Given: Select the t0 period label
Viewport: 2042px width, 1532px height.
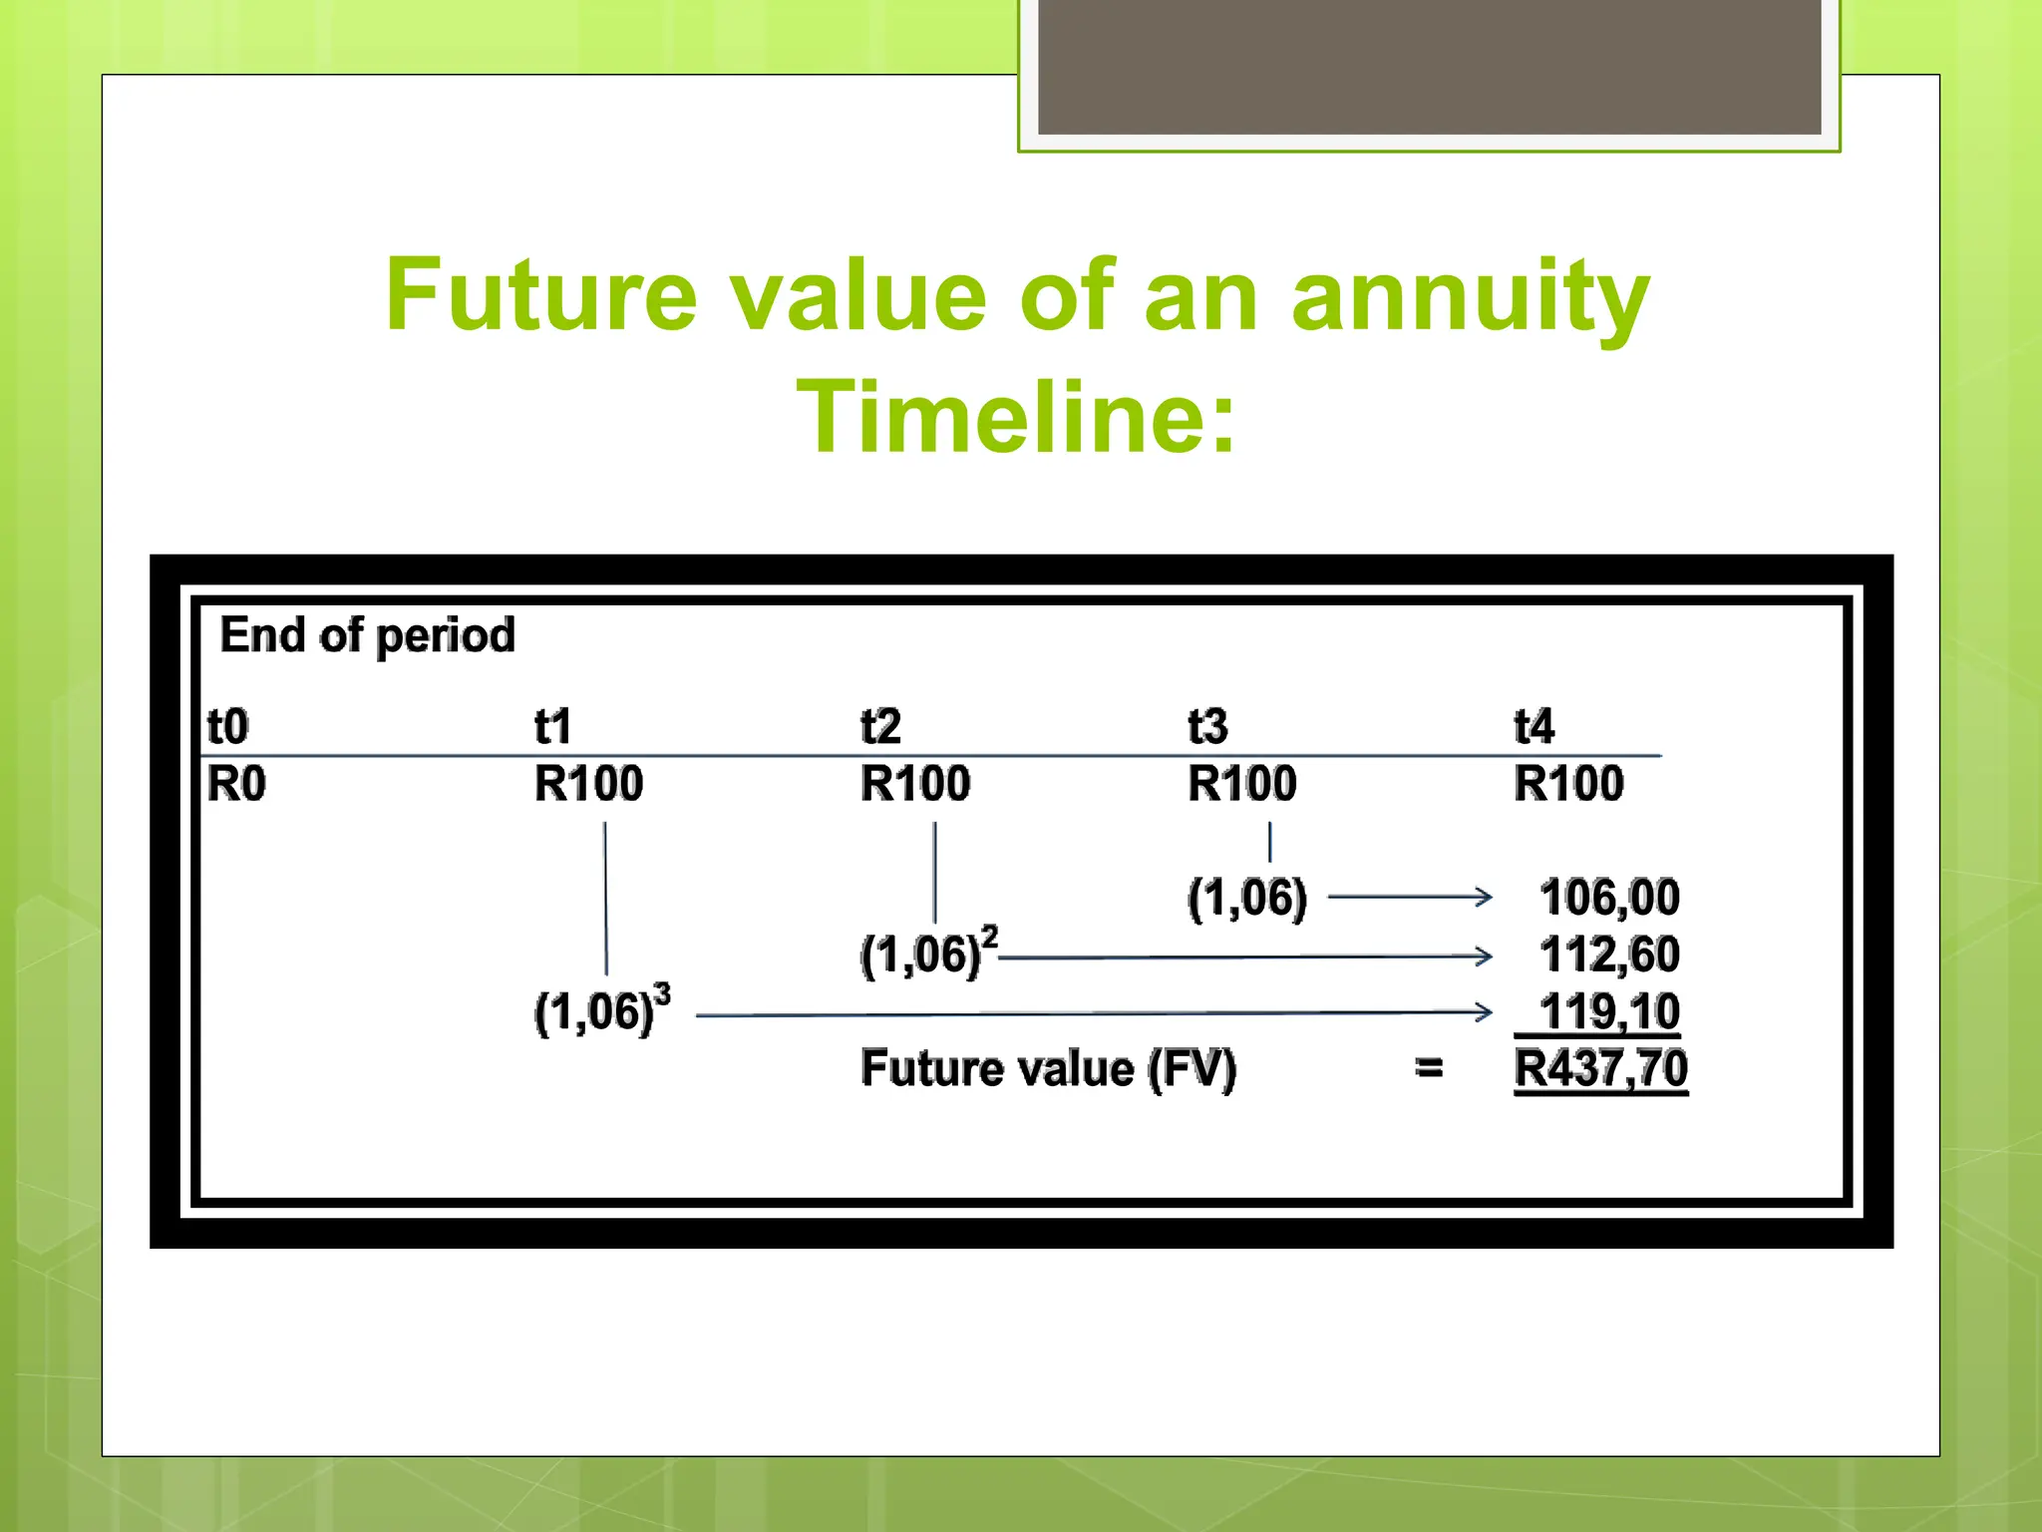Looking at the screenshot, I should pos(227,726).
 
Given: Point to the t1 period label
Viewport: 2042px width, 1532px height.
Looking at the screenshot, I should pos(552,726).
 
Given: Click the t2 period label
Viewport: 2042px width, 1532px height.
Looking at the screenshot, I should pos(880,726).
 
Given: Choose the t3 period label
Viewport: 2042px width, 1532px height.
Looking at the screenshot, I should pos(1207,726).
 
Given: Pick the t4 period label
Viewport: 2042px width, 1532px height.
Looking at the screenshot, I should pos(1533,726).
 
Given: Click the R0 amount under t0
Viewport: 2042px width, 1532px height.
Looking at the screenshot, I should pos(236,784).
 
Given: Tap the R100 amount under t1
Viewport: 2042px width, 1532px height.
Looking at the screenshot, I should pos(588,784).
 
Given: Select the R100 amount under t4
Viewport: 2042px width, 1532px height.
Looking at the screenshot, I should pos(1568,784).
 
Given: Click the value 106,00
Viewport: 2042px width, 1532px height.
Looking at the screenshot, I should pos(1609,897).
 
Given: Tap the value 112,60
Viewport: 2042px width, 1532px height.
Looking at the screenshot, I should pos(1609,955).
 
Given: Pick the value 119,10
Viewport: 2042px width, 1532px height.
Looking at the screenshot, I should pos(1609,1011).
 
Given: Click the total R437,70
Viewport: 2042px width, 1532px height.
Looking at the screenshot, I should pos(1600,1068).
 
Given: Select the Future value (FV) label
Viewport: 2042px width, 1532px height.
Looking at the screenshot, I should pos(1048,1068).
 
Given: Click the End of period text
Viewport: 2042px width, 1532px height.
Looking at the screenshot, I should pos(367,635).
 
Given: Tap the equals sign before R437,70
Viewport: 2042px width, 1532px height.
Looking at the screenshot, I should pos(1429,1068).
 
